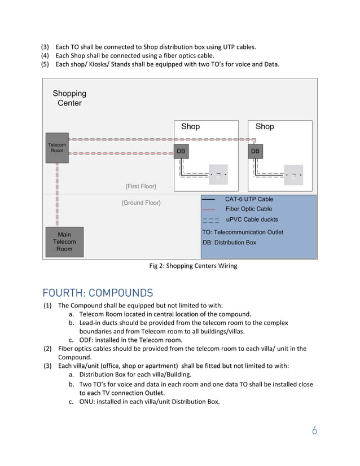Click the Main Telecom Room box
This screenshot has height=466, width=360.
tap(64, 242)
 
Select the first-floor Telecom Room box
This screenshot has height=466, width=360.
tap(57, 148)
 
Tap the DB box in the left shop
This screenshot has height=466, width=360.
tap(181, 151)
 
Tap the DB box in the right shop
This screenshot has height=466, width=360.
tap(255, 151)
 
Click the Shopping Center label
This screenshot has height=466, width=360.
tap(69, 98)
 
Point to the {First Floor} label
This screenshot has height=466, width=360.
tap(141, 186)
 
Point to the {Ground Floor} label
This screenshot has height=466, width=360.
tap(141, 203)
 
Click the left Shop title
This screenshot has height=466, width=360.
tap(190, 126)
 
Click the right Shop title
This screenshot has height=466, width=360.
tap(264, 126)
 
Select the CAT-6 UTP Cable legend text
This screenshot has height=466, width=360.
tap(249, 199)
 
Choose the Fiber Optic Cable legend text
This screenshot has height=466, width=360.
tap(248, 209)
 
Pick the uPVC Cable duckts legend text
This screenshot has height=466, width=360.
tap(252, 219)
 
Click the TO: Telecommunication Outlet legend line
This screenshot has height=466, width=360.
tap(243, 232)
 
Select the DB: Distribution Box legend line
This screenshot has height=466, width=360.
tap(229, 243)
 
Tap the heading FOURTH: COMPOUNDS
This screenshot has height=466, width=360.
tap(98, 293)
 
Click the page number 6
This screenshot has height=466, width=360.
tap(314, 430)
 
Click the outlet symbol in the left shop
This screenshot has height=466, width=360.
tap(218, 174)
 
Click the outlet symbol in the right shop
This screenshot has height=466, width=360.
tap(293, 174)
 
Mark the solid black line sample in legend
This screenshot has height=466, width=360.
tap(208, 200)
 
